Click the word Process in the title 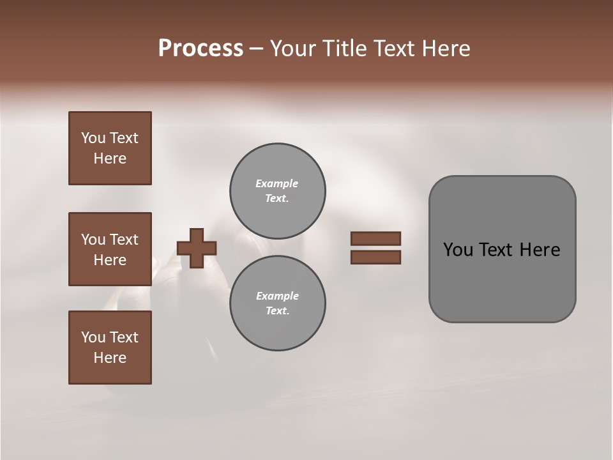(x=201, y=49)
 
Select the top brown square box (x=110, y=148)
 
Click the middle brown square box (x=110, y=249)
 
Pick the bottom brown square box (x=110, y=348)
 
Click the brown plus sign (x=197, y=248)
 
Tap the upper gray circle (x=277, y=191)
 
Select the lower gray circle (x=277, y=303)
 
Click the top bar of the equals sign (x=375, y=239)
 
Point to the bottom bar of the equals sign (x=375, y=257)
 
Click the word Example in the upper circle (x=277, y=183)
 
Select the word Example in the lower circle (x=277, y=296)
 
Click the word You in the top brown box (x=93, y=138)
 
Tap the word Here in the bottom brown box (x=110, y=358)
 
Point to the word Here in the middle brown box (x=110, y=260)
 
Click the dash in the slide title (x=256, y=49)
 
